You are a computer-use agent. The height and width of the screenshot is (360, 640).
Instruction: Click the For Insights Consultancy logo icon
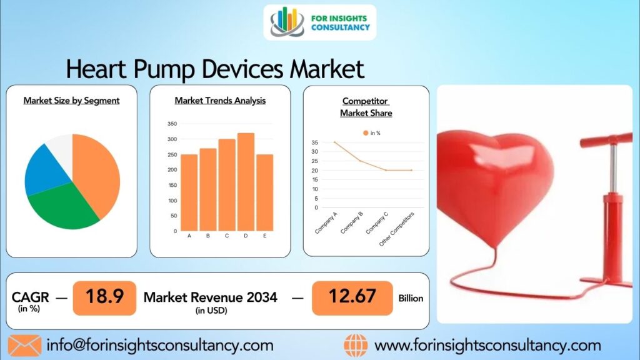(x=287, y=22)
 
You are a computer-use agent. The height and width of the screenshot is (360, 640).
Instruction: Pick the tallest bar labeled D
(x=246, y=181)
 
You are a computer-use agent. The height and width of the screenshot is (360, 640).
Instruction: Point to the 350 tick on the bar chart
(x=172, y=124)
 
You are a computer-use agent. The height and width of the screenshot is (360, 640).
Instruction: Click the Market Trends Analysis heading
(x=220, y=100)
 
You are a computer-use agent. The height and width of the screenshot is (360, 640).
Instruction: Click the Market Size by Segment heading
(x=71, y=100)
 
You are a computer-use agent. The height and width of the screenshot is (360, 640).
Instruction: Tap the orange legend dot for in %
(x=366, y=133)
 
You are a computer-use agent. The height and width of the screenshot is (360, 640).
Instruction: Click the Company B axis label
(x=352, y=223)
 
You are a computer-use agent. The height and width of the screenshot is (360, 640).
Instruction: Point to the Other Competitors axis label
(x=396, y=228)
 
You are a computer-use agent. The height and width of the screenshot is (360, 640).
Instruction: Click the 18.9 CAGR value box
(x=104, y=298)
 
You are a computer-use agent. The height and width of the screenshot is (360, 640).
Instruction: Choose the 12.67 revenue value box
(x=352, y=298)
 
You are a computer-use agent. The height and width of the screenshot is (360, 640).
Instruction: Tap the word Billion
(x=411, y=298)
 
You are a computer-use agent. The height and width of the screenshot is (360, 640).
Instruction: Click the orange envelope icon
(x=24, y=345)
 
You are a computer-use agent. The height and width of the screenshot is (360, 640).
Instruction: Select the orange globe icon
(x=356, y=345)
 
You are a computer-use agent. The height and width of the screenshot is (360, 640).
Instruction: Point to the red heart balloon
(x=494, y=181)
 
